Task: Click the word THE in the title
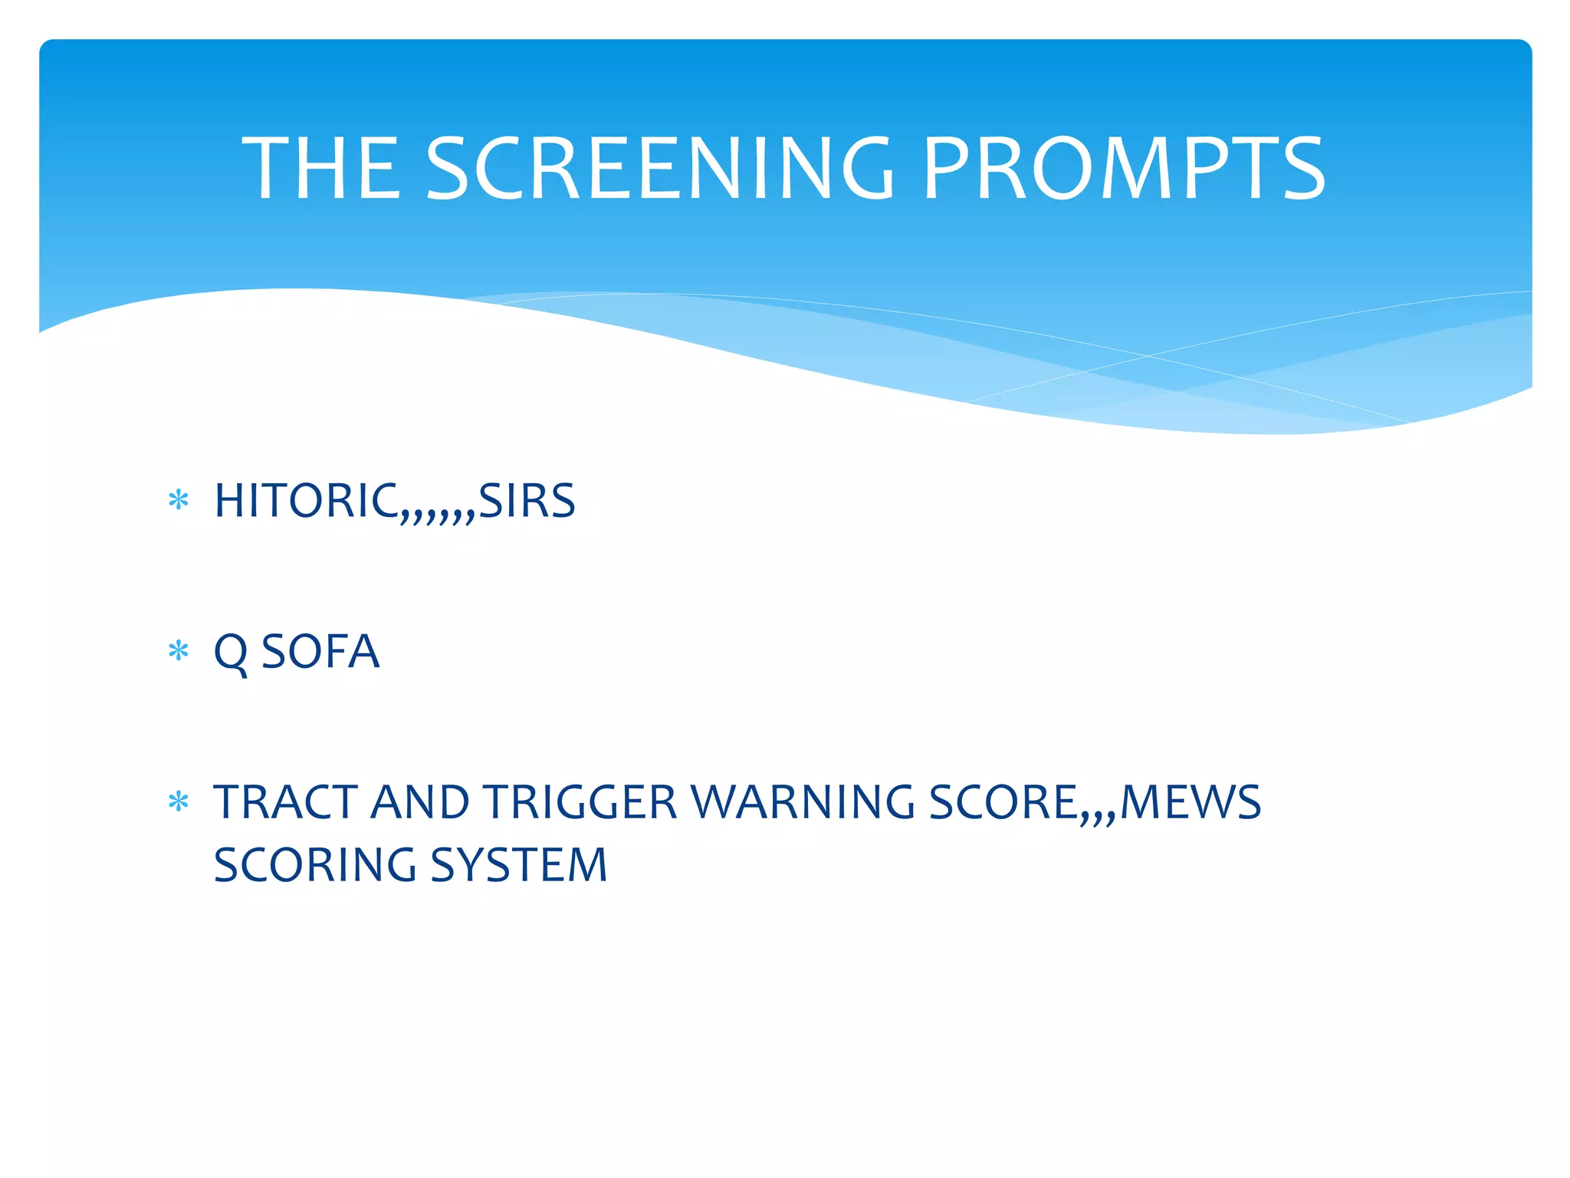pyautogui.click(x=322, y=169)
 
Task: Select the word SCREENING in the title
pyautogui.click(x=659, y=169)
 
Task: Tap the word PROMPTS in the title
pyautogui.click(x=1123, y=169)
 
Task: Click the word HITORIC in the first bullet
pyautogui.click(x=306, y=502)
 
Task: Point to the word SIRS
pyautogui.click(x=527, y=502)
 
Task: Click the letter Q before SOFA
pyautogui.click(x=231, y=653)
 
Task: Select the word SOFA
pyautogui.click(x=320, y=653)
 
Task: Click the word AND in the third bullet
pyautogui.click(x=420, y=803)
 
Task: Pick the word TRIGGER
pyautogui.click(x=580, y=803)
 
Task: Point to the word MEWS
pyautogui.click(x=1191, y=803)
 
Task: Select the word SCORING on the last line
pyautogui.click(x=315, y=865)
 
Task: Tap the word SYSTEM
pyautogui.click(x=519, y=865)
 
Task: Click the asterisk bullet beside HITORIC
pyautogui.click(x=179, y=501)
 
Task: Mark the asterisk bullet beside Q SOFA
pyautogui.click(x=179, y=652)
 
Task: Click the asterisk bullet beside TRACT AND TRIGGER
pyautogui.click(x=179, y=802)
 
